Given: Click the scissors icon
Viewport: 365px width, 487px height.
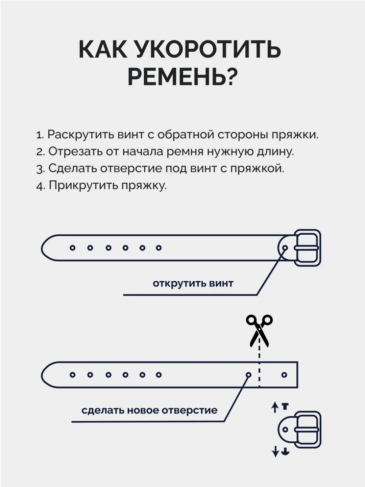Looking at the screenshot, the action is click(259, 331).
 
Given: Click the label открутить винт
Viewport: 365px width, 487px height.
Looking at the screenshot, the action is click(193, 283).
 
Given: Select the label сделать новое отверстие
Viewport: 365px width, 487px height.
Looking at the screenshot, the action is click(150, 410).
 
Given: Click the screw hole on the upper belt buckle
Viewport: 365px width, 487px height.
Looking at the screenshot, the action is click(285, 248).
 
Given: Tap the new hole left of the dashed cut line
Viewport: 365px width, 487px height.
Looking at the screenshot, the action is click(248, 375).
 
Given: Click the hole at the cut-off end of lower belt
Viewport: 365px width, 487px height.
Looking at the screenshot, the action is click(284, 375).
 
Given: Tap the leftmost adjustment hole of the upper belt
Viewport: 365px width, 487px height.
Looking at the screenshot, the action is click(72, 248).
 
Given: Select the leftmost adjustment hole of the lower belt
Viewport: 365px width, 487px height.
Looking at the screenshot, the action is click(72, 375).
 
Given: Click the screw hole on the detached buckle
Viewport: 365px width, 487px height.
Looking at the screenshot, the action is click(285, 430).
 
